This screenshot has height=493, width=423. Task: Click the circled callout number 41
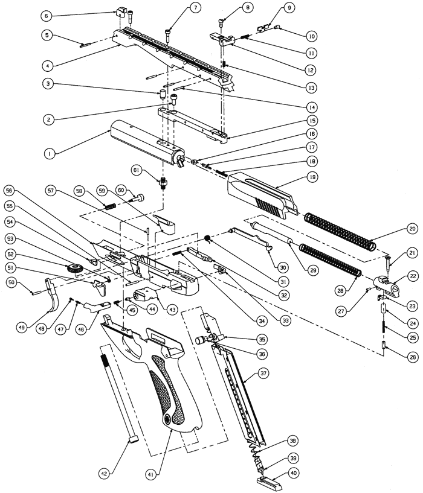(x=151, y=474)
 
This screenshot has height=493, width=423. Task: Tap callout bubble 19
(x=312, y=177)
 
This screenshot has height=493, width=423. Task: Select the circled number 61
(x=137, y=170)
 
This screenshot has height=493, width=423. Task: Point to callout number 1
(x=50, y=154)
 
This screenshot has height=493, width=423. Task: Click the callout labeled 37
(x=263, y=373)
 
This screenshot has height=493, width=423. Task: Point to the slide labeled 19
(x=263, y=196)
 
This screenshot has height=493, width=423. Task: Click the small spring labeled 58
(x=110, y=207)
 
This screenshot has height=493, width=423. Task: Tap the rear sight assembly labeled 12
(x=223, y=40)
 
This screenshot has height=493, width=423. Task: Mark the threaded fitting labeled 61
(x=163, y=182)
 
